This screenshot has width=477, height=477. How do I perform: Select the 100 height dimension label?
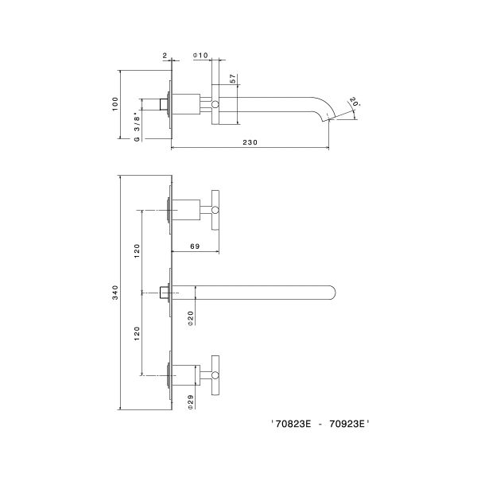[116, 103]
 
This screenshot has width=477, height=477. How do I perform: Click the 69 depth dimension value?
[195, 246]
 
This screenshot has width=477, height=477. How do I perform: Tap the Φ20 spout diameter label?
[191, 318]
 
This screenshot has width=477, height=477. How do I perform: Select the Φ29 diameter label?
[191, 402]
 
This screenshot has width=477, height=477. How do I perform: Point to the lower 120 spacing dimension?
[137, 335]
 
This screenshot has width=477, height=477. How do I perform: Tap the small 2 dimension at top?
[164, 56]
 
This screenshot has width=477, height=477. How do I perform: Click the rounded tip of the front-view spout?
[333, 292]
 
